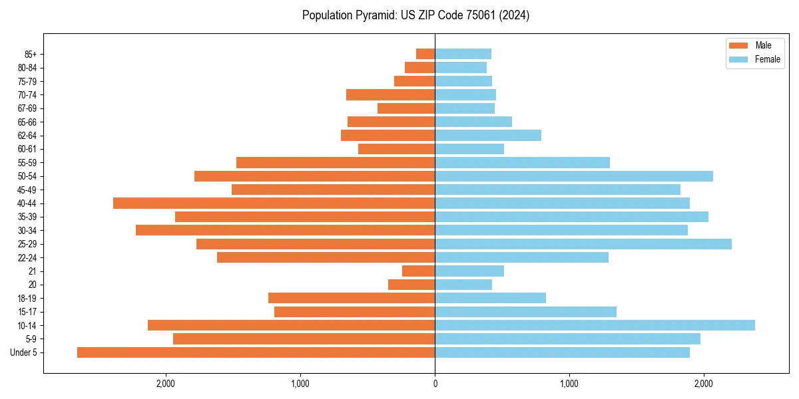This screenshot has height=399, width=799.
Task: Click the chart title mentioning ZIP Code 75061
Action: point(415,15)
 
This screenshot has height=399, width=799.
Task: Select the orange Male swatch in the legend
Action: point(738,45)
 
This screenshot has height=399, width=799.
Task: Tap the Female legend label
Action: point(767,59)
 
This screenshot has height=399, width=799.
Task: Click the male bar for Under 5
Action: point(256,352)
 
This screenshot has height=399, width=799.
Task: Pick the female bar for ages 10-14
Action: point(595,325)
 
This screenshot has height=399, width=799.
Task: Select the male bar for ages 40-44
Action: point(274,203)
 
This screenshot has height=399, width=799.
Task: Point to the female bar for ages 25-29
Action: point(583,244)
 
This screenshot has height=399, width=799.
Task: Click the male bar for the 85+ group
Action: point(425,54)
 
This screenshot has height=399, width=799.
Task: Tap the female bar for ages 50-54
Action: point(574,176)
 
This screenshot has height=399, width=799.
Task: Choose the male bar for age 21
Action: point(418,271)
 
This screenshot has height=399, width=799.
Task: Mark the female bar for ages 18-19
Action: point(490,298)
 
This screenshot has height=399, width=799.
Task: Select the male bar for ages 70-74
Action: point(390,94)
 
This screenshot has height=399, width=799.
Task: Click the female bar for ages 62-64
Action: point(488,135)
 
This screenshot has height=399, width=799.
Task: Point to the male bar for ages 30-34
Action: point(285,230)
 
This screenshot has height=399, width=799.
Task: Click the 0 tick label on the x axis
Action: point(435,384)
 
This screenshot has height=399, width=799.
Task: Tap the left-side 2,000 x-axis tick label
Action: point(166,384)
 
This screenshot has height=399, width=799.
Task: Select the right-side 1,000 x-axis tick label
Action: point(569,384)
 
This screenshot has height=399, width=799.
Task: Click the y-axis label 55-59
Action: point(27,163)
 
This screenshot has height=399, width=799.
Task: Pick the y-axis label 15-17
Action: point(27,312)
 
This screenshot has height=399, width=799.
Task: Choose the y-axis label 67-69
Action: point(27,108)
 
